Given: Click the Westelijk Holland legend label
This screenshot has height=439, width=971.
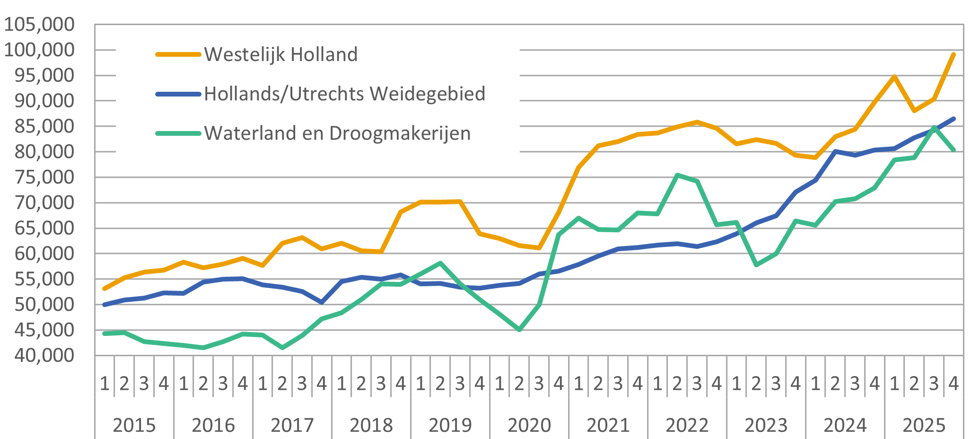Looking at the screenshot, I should coord(280,54).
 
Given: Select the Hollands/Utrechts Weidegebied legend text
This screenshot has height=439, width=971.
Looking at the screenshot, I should coord(344,94).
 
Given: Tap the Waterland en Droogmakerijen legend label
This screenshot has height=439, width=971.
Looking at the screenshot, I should coord(337,133).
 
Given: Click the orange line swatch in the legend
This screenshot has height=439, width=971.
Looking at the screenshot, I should coord(178,54).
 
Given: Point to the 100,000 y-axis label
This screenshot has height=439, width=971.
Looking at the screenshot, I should coord(39,49).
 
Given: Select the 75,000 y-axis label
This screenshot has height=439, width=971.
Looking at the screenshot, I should coord(44,177).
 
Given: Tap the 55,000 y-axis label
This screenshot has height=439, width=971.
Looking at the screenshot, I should coord(44,279).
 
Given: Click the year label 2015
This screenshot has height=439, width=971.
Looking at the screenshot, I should coord(134,425).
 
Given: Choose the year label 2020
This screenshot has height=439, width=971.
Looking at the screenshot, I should coord(529,425).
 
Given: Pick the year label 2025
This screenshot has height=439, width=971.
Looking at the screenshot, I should coord(924,425).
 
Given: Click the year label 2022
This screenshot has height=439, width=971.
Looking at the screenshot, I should coord(687,425).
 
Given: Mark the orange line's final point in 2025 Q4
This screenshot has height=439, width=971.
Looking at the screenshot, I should coord(954,54).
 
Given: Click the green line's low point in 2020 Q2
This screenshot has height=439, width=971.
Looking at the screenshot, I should coord(519,329).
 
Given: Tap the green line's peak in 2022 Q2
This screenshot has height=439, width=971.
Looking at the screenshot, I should coord(677,175).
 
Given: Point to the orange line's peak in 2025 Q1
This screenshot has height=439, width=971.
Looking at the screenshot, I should coord(894,76).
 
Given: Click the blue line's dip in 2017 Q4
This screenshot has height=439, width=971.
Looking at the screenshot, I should coord(322,302).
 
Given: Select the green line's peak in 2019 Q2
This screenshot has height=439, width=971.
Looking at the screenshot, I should coord(440,263).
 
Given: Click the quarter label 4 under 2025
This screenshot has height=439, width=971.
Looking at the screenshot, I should coord(954,383).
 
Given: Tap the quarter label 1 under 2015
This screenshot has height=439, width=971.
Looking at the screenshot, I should coord(105,383).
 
